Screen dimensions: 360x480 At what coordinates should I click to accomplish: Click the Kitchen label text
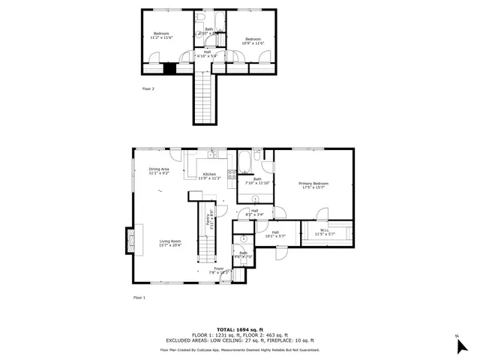[209, 176]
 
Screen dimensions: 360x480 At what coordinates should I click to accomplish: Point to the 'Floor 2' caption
[148, 88]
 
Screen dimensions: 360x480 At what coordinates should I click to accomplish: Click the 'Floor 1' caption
[139, 298]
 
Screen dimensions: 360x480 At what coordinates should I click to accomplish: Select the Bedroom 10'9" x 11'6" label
[252, 40]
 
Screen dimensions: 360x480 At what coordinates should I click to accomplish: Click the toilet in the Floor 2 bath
[200, 17]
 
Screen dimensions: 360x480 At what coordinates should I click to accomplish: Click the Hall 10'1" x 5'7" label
[275, 234]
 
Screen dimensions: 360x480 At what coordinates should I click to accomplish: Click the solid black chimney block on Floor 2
[170, 68]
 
